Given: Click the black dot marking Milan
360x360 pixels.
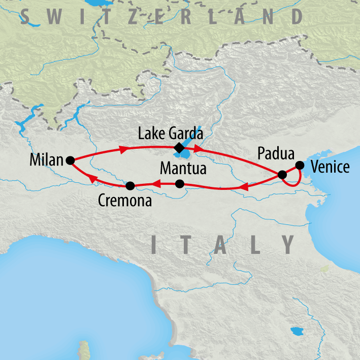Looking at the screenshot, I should click(71, 160).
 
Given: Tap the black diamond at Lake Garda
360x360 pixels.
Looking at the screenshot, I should click(178, 148).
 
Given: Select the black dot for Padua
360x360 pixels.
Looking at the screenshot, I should click(282, 175).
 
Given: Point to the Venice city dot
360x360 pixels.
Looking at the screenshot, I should click(300, 165).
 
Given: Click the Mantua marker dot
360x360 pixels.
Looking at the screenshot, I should click(179, 184).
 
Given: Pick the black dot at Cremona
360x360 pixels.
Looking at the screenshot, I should click(130, 185).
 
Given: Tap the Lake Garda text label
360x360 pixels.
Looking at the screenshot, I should click(171, 135).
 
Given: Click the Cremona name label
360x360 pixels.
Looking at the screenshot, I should click(124, 201).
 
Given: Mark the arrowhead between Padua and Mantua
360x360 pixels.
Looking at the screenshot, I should click(243, 188).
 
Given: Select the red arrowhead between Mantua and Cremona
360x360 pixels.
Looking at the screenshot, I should click(157, 184).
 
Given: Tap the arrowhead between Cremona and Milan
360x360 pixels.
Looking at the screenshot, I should click(92, 178).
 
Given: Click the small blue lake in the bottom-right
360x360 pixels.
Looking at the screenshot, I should click(296, 333).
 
